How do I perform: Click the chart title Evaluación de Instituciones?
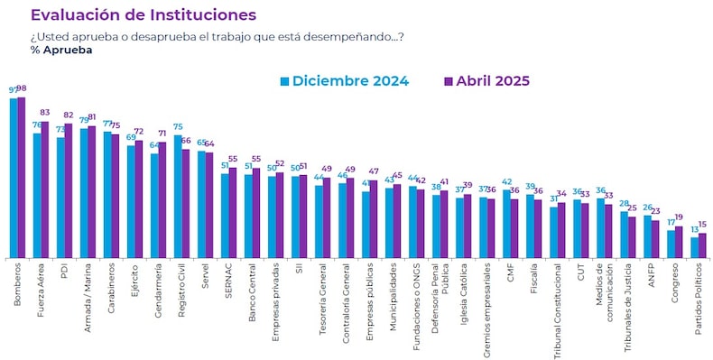(x=144, y=15)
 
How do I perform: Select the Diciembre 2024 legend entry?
(x=344, y=80)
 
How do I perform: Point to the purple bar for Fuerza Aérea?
(x=45, y=189)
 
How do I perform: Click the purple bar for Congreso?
(x=679, y=243)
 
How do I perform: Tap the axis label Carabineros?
(x=109, y=286)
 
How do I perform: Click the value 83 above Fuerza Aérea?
(x=45, y=113)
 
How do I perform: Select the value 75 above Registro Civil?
(x=178, y=127)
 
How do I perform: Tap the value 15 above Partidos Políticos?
(x=702, y=225)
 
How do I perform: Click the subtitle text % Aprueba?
(x=61, y=50)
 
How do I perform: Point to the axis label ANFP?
(x=649, y=274)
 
